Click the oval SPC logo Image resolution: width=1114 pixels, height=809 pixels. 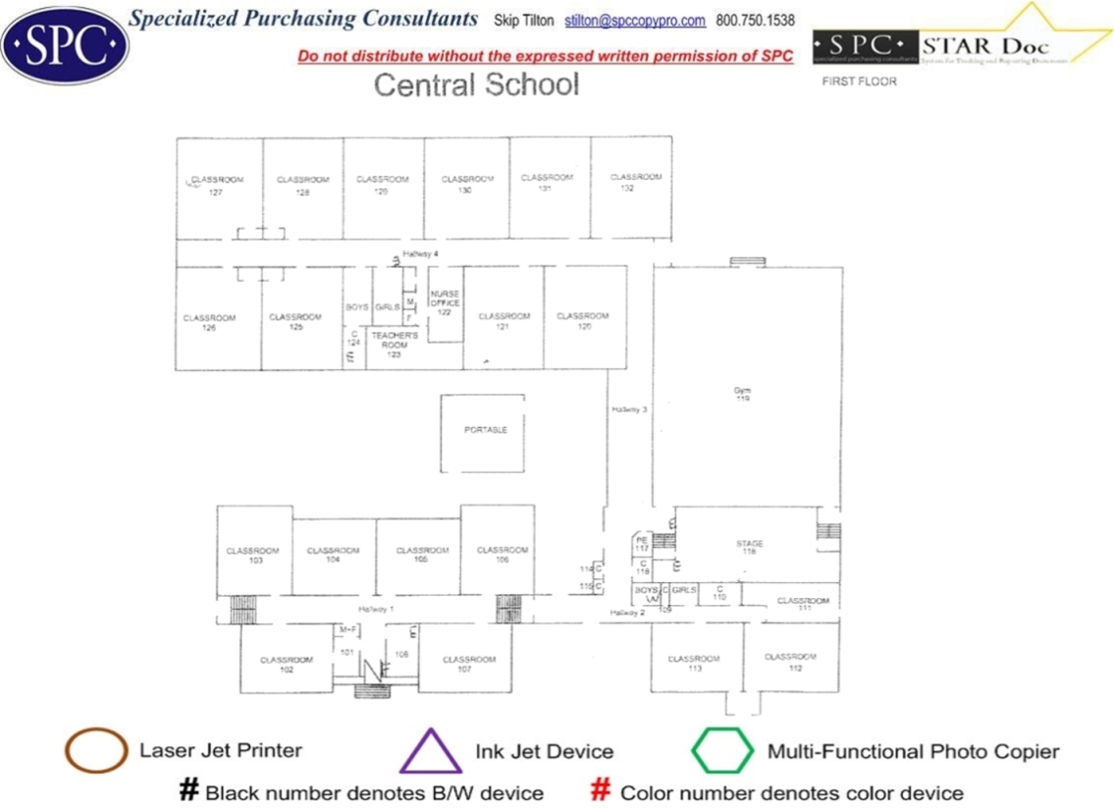(65, 45)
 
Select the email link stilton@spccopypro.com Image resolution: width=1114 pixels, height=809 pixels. (635, 21)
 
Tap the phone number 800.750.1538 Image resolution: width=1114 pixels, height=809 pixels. (756, 21)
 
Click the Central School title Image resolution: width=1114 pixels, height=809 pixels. (477, 84)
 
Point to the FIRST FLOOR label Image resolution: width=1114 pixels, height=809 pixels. (859, 81)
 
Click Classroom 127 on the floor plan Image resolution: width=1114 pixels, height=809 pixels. (217, 186)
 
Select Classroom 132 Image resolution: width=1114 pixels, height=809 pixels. (635, 182)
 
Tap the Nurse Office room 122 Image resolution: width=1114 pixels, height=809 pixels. (445, 302)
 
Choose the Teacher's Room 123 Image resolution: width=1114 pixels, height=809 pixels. (394, 344)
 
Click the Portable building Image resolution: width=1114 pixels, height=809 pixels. (485, 430)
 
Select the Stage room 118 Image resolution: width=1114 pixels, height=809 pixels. (750, 547)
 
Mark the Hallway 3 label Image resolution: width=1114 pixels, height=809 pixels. (629, 409)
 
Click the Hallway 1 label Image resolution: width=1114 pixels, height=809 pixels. (375, 609)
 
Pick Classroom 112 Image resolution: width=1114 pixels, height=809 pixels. (790, 662)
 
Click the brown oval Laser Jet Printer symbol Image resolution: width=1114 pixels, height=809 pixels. (95, 751)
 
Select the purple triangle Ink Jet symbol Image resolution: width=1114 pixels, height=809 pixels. (430, 752)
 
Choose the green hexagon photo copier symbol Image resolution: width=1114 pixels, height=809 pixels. (722, 751)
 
